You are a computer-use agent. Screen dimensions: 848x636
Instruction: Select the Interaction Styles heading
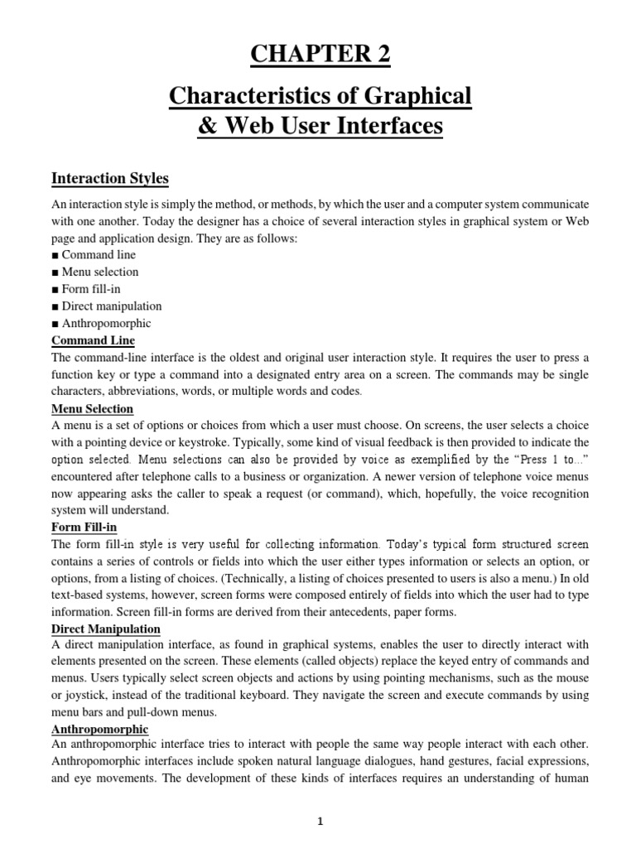click(x=110, y=178)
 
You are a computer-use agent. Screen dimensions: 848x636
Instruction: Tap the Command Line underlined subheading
click(x=93, y=340)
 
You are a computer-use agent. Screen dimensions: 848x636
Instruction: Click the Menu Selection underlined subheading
click(x=92, y=409)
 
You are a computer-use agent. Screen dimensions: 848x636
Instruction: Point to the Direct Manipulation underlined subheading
click(x=106, y=629)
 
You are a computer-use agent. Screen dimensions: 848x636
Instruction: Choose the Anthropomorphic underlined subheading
click(x=99, y=729)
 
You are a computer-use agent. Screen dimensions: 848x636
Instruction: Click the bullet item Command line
click(x=97, y=255)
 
